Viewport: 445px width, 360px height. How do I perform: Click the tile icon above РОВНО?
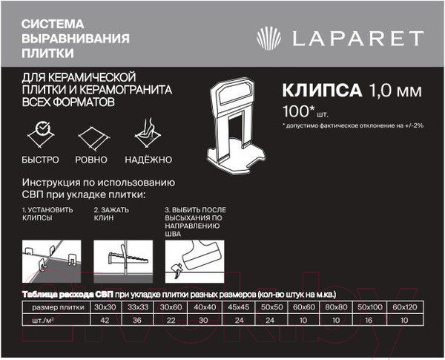[90, 136]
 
